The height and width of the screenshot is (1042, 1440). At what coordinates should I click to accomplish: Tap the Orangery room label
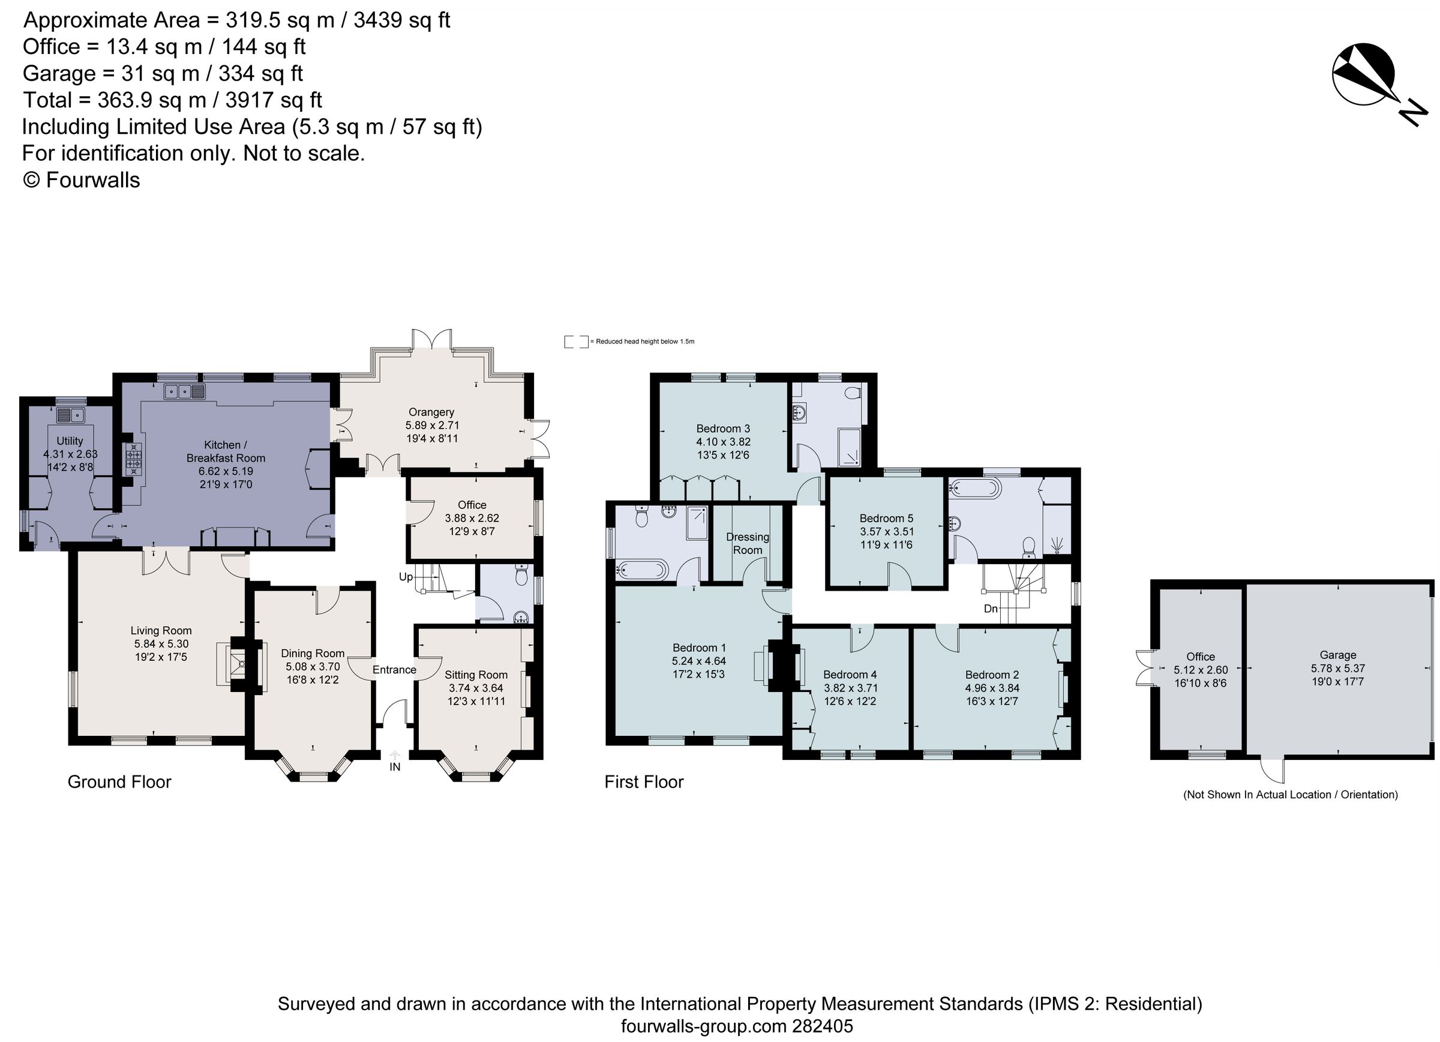[431, 412]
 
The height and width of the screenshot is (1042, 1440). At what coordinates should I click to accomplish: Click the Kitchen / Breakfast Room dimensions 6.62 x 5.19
[226, 471]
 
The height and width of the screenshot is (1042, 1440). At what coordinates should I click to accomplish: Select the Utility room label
[70, 441]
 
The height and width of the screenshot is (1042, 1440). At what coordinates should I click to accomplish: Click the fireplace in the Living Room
[238, 663]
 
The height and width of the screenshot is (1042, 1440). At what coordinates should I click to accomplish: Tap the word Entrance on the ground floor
[394, 669]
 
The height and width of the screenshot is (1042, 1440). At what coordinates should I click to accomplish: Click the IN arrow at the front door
[394, 756]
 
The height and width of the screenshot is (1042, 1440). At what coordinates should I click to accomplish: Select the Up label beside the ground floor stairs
[406, 577]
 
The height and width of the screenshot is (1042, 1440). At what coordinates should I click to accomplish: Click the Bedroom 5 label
[886, 518]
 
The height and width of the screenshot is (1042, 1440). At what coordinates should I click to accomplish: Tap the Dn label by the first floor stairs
[991, 608]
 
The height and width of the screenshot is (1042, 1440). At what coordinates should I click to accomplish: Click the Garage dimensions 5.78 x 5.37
[1337, 668]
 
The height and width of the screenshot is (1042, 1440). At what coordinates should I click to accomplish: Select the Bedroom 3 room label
[723, 428]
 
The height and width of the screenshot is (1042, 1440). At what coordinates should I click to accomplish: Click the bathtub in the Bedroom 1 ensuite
[641, 570]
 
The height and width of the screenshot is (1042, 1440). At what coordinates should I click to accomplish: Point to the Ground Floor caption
[119, 781]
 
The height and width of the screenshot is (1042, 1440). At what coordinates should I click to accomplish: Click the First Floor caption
[644, 781]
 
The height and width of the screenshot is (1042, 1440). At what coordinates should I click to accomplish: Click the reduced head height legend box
[576, 342]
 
